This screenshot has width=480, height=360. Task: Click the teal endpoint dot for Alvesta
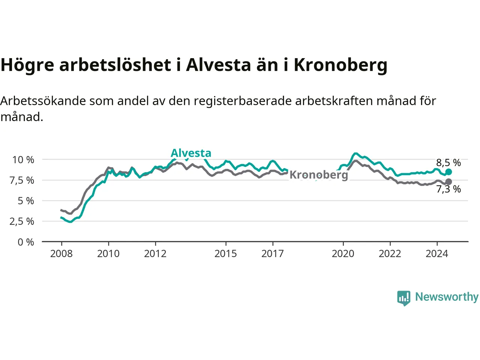(x=448, y=172)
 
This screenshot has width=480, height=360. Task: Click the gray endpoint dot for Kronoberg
(x=448, y=182)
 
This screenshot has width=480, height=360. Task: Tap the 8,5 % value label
(x=448, y=163)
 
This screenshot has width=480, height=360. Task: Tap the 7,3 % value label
(x=448, y=189)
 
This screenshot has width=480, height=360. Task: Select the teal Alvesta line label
(x=191, y=153)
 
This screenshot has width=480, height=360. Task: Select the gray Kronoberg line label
(x=319, y=175)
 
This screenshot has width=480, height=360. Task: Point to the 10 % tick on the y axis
(x=23, y=160)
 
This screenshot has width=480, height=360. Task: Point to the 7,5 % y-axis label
(x=22, y=180)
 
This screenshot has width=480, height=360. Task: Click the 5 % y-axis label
(x=26, y=201)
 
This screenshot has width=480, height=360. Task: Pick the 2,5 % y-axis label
(x=22, y=221)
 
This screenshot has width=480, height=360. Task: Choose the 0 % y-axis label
(x=26, y=242)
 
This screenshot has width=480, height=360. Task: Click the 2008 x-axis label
(x=61, y=254)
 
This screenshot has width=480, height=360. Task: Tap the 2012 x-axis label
(x=155, y=254)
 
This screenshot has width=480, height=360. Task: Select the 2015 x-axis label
(x=226, y=254)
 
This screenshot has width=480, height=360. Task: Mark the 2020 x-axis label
(x=343, y=254)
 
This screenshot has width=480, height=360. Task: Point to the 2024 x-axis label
(x=437, y=254)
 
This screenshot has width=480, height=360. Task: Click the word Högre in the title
(x=27, y=65)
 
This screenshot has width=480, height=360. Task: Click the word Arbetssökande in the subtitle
(x=43, y=101)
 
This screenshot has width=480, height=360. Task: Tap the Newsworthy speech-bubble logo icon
(x=403, y=298)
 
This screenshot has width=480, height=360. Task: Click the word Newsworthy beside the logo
(x=447, y=297)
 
